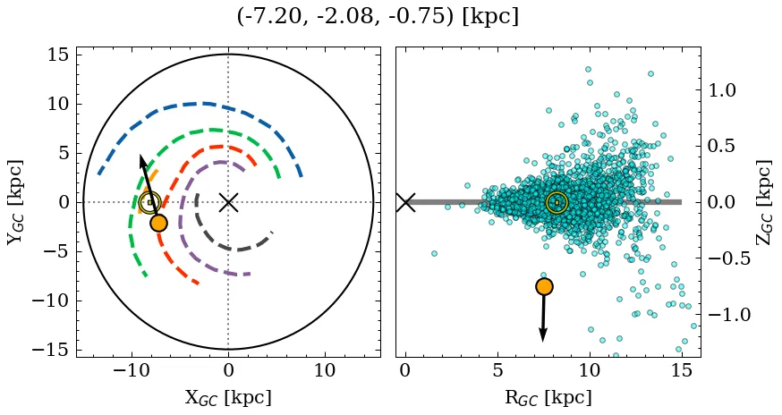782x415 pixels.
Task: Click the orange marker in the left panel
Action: (158, 223)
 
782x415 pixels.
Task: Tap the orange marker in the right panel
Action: (544, 286)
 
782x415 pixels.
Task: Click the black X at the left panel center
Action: (228, 202)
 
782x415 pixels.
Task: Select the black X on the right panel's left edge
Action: (405, 202)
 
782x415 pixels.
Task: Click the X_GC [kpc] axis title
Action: (228, 397)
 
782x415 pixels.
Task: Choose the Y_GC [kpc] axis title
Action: (15, 202)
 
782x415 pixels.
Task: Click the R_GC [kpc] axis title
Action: (548, 397)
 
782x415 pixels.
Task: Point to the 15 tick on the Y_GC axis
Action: (58, 55)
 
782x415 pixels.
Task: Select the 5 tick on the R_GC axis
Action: (497, 369)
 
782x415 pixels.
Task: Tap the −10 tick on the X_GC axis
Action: (132, 369)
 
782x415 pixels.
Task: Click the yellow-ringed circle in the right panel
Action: (557, 202)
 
